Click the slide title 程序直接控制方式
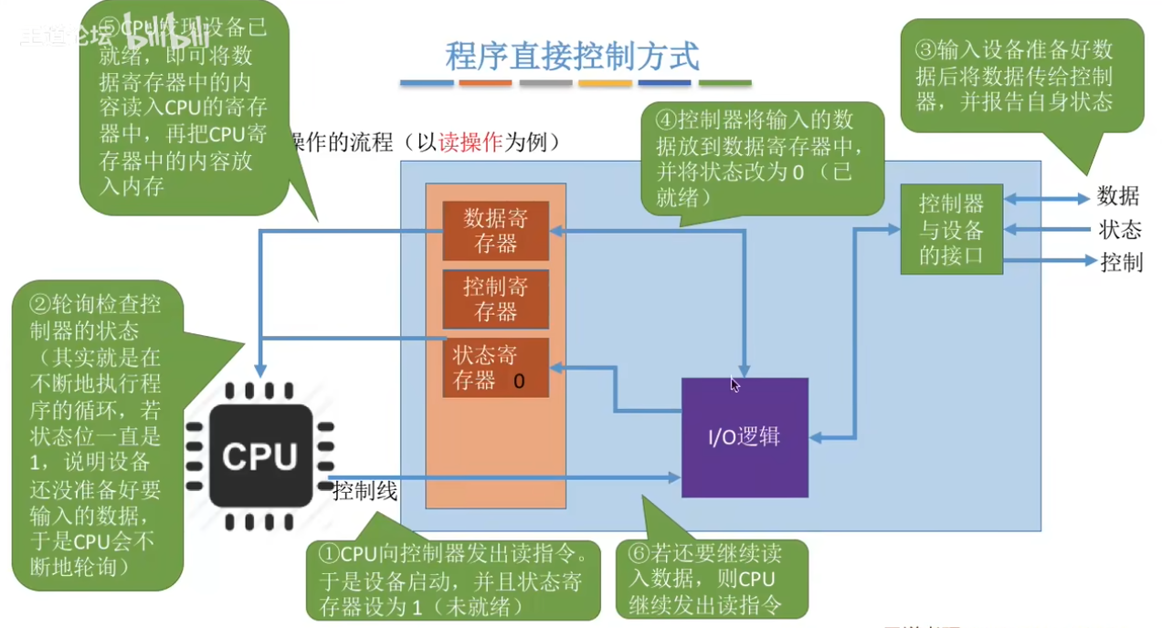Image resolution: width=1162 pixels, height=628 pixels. tap(573, 56)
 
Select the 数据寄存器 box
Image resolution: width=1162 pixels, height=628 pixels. tap(495, 230)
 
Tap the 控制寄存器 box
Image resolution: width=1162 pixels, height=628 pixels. tap(495, 298)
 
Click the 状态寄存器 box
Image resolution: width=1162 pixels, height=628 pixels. tap(495, 367)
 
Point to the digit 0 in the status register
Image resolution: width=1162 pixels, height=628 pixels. tap(519, 382)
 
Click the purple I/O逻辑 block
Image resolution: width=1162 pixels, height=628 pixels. tap(745, 437)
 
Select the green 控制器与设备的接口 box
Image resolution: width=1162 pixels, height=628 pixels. tap(951, 228)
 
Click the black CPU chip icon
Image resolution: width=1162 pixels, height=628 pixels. tap(259, 456)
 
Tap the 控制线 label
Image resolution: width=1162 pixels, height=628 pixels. tap(365, 492)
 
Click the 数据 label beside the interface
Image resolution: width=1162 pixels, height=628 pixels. tap(1118, 196)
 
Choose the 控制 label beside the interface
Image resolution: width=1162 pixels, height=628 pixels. tap(1121, 262)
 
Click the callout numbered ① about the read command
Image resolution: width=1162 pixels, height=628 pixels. tap(452, 580)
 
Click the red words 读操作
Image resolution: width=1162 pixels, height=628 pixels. tap(471, 142)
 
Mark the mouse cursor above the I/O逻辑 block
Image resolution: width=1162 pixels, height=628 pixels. tap(734, 384)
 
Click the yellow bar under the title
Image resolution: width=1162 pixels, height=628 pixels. tap(605, 83)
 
